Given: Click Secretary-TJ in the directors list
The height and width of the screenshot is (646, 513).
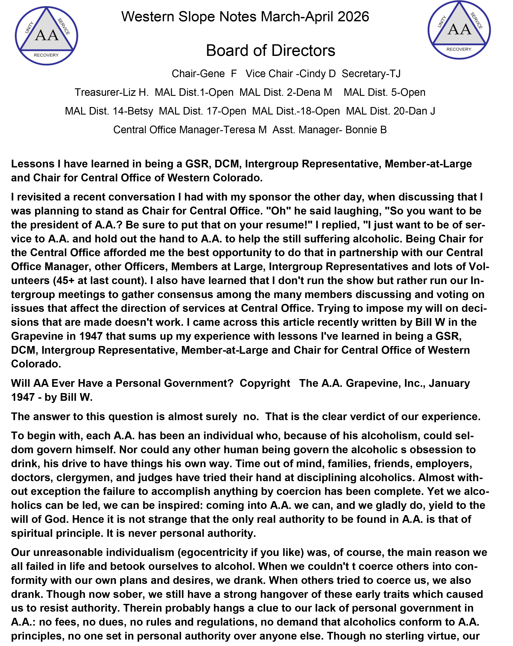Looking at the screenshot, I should [371, 74].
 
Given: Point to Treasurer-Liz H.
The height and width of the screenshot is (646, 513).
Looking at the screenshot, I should [112, 92].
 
